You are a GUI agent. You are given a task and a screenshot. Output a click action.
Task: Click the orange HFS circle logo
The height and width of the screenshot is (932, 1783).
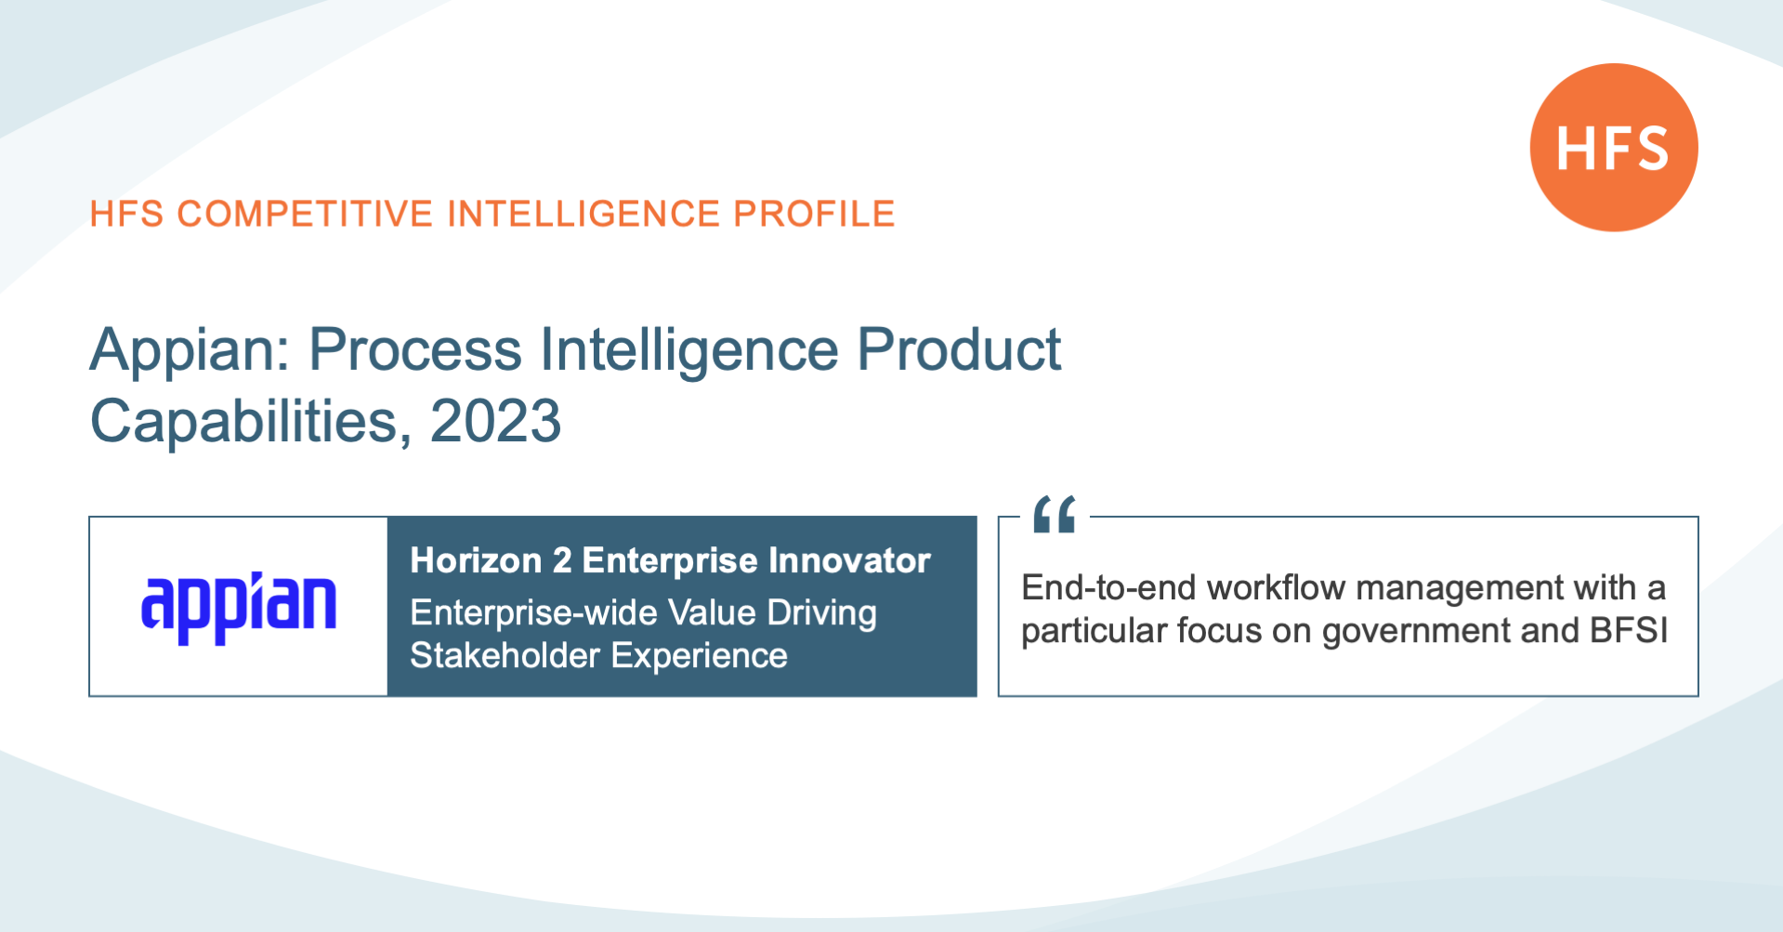pos(1614,147)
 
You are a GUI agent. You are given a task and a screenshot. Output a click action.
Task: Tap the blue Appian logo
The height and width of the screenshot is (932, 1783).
pos(239,608)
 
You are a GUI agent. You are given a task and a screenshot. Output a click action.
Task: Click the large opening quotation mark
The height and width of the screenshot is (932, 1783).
pos(1055,514)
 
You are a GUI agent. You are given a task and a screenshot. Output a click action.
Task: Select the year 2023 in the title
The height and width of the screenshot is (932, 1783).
pos(495,421)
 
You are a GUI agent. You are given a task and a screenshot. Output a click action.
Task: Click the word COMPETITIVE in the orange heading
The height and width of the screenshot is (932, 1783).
pos(305,214)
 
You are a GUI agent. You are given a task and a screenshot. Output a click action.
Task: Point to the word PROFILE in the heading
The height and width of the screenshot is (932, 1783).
pos(814,214)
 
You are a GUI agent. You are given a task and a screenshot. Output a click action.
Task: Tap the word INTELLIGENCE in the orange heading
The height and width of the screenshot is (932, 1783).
pos(583,214)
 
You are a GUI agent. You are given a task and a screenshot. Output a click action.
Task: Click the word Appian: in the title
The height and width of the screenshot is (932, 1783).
pos(190,350)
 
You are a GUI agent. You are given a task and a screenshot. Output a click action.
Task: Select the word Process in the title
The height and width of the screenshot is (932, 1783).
pos(414,350)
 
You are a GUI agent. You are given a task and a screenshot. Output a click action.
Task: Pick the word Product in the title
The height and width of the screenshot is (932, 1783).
pos(959,350)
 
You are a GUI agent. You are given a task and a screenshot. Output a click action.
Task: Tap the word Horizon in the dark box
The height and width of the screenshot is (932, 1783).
pos(477,560)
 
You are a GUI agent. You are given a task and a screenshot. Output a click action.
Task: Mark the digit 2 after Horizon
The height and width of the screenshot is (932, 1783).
pos(562,560)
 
